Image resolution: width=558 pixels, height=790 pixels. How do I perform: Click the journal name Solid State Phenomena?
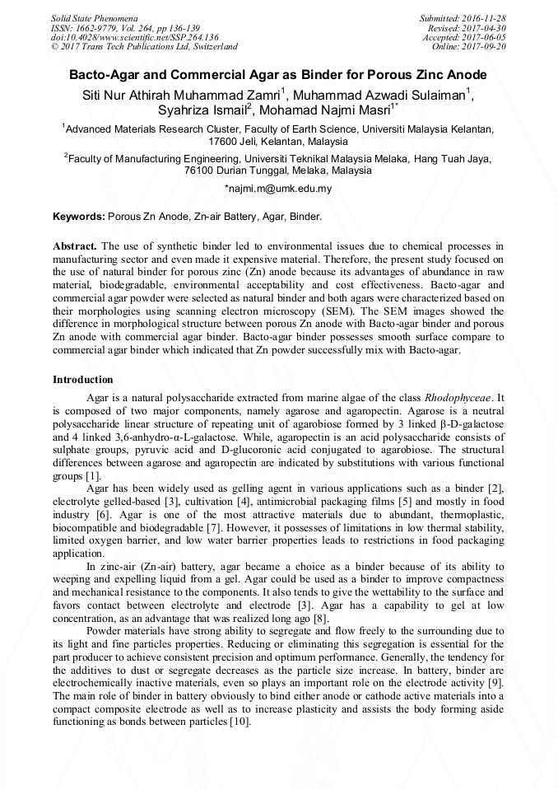click(x=94, y=17)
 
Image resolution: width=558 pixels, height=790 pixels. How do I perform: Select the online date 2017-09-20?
click(x=486, y=47)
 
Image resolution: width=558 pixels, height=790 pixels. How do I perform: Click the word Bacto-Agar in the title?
click(x=102, y=74)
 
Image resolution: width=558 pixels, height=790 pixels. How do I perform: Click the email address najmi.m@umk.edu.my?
click(x=278, y=189)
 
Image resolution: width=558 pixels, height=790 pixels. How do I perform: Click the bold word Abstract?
click(x=75, y=246)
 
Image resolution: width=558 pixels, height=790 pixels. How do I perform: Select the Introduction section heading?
click(x=83, y=380)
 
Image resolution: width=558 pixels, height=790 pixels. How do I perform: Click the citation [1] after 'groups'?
click(x=92, y=476)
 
